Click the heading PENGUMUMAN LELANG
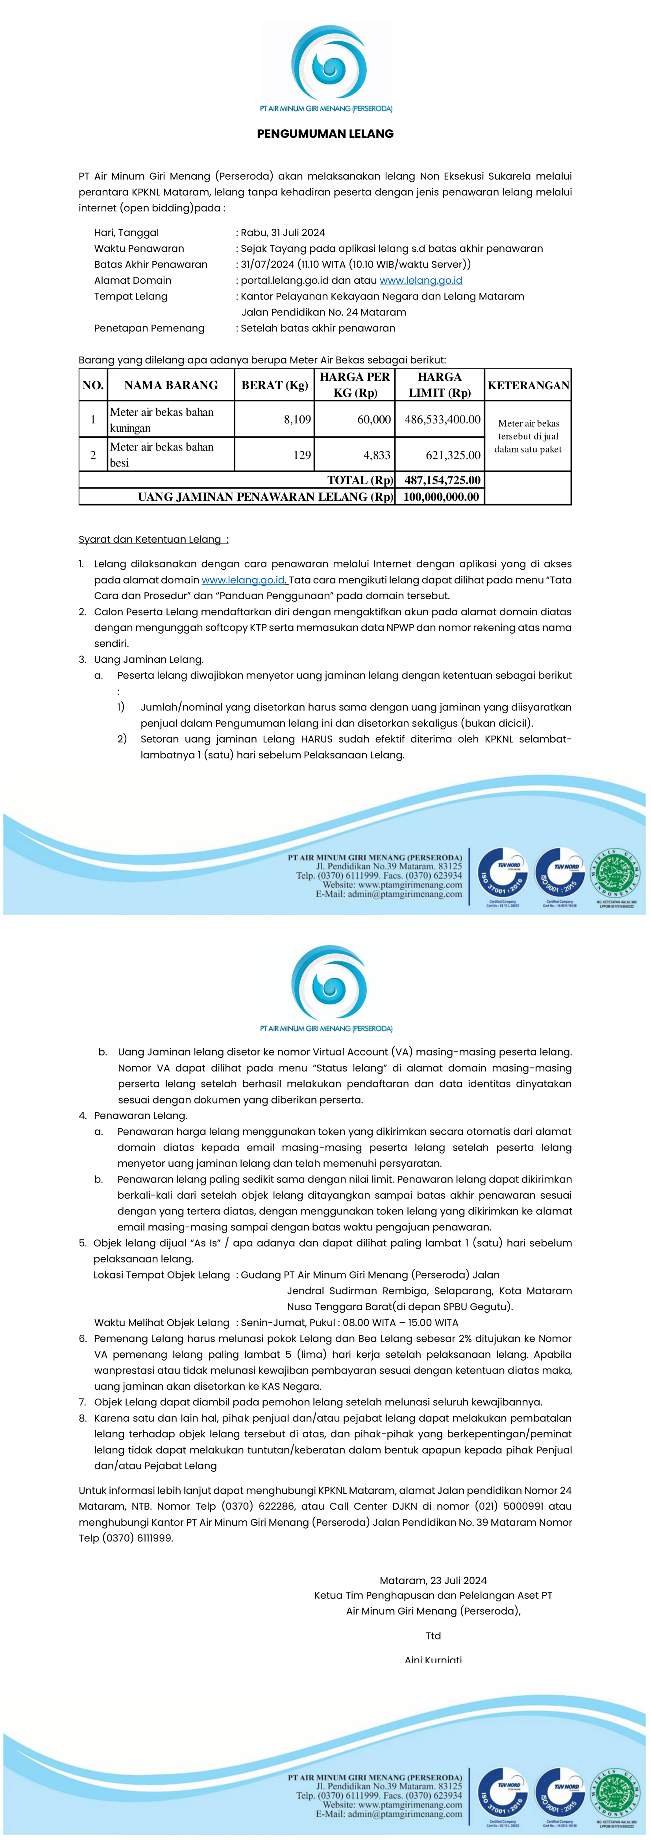click(325, 133)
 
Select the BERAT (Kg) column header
click(274, 385)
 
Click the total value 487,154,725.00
click(442, 480)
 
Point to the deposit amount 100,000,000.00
click(441, 496)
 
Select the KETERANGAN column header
click(528, 385)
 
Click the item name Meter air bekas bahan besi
click(161, 454)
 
